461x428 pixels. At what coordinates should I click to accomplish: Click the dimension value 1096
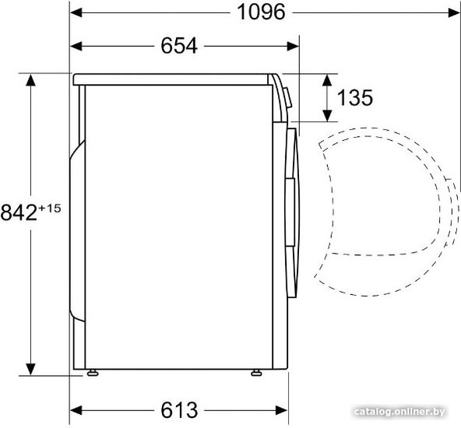click(x=261, y=12)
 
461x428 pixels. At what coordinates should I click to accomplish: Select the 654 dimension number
click(x=179, y=46)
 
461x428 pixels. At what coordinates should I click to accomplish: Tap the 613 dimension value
click(x=179, y=410)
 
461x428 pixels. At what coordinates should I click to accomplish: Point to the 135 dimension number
click(x=355, y=98)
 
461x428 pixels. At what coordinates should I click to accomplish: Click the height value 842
click(x=19, y=212)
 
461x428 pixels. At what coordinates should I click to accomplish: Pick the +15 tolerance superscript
click(x=50, y=209)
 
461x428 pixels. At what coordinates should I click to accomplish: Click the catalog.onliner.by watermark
click(x=399, y=412)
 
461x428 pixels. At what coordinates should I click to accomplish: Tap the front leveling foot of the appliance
click(x=256, y=373)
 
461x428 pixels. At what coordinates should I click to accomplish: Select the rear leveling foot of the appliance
click(x=93, y=373)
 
